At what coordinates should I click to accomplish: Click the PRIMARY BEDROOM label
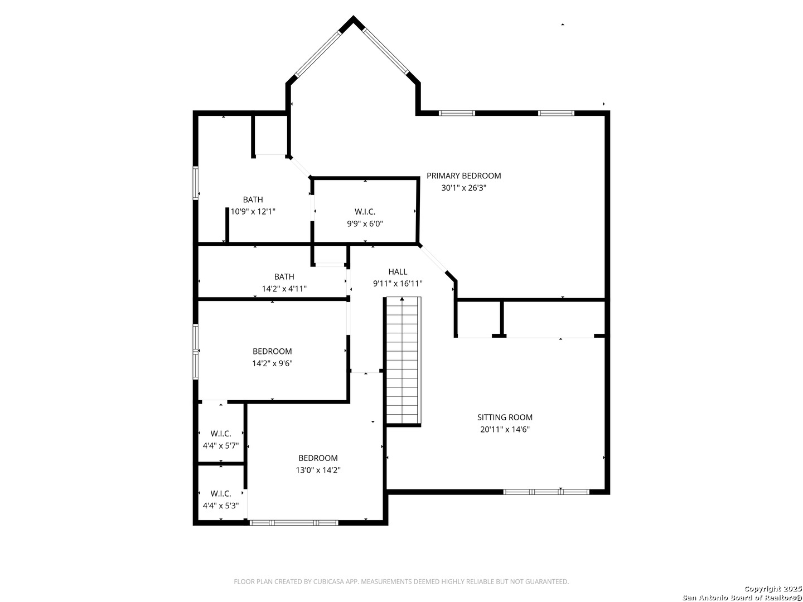coord(463,176)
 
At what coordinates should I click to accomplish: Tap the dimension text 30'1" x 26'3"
coord(463,188)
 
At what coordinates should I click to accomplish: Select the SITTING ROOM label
coord(505,417)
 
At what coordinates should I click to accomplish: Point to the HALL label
coord(398,271)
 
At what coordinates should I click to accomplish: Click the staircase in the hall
coord(402,362)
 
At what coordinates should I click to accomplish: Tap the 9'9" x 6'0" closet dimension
coord(365,224)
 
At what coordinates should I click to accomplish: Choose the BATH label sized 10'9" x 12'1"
coord(253,200)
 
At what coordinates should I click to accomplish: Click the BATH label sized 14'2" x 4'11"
coord(284,276)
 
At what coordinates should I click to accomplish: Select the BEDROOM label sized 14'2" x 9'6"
coord(272,351)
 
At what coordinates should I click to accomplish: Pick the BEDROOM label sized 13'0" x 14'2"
coord(318,458)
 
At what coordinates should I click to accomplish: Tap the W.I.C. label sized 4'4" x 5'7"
coord(221,434)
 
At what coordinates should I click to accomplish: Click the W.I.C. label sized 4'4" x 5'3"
coord(221,494)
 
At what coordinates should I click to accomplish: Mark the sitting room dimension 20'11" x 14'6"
coord(505,429)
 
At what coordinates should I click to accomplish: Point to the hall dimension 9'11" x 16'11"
coord(398,284)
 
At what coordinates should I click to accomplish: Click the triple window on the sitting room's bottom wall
coord(546,492)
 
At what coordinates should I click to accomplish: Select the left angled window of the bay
coord(317,54)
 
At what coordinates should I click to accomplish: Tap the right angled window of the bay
coord(385,51)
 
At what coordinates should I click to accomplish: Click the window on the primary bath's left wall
coord(196,183)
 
